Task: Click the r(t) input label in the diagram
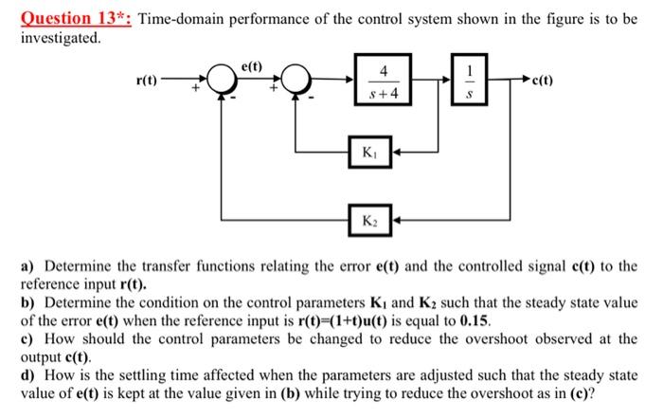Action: pyautogui.click(x=147, y=82)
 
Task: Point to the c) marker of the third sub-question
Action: pyautogui.click(x=27, y=338)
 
